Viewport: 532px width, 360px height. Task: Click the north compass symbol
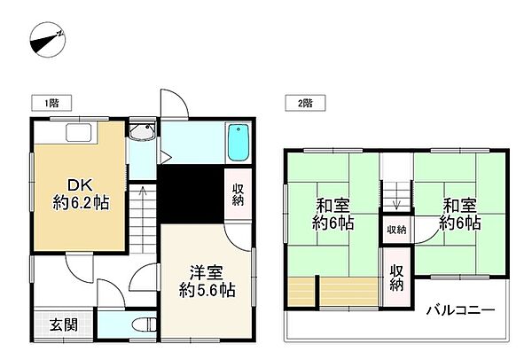(48, 39)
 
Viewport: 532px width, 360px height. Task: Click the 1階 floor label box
(51, 103)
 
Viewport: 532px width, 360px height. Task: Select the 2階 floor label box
(305, 103)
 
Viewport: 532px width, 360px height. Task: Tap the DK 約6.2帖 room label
(81, 194)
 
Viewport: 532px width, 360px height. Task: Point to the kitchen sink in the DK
(79, 133)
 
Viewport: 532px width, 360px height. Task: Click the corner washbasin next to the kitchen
(142, 131)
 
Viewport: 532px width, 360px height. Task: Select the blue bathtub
(239, 143)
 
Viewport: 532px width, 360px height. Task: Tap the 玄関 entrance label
(64, 325)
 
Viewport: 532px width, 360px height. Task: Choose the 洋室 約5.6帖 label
(207, 281)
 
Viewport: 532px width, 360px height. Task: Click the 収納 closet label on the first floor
(239, 194)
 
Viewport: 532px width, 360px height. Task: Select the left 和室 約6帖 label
(332, 214)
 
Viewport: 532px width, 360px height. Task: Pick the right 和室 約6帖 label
(460, 214)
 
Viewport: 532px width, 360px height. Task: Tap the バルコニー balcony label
(461, 309)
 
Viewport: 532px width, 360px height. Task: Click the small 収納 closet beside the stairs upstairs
(396, 230)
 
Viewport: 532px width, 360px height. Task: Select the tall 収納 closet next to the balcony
(396, 278)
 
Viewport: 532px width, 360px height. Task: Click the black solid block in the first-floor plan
(192, 194)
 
